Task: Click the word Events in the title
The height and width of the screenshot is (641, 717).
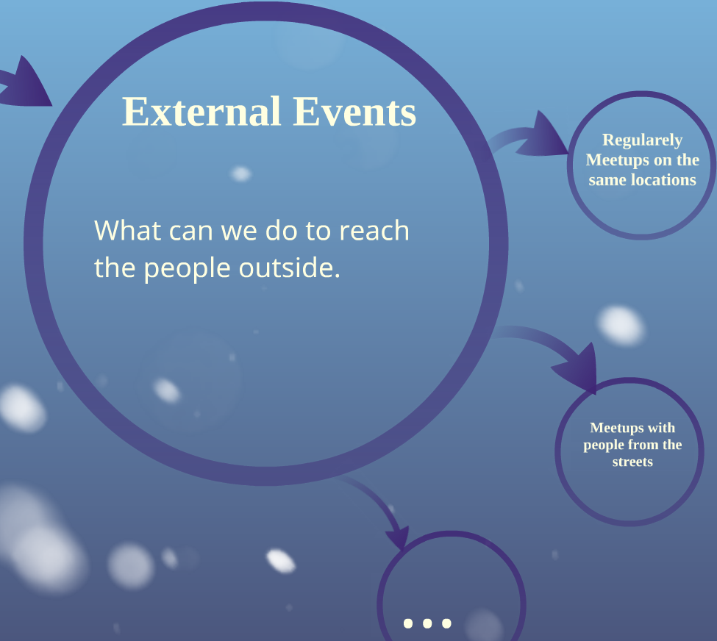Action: [x=355, y=112]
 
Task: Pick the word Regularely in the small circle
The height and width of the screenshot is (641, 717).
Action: [x=643, y=140]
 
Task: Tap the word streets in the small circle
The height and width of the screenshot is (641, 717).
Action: [x=632, y=462]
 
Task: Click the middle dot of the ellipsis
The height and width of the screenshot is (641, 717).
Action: [x=427, y=623]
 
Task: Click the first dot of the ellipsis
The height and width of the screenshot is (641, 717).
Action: [x=408, y=623]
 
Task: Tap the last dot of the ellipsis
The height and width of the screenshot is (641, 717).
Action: [x=446, y=623]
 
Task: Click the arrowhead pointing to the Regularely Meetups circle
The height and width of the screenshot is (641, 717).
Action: [x=545, y=137]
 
